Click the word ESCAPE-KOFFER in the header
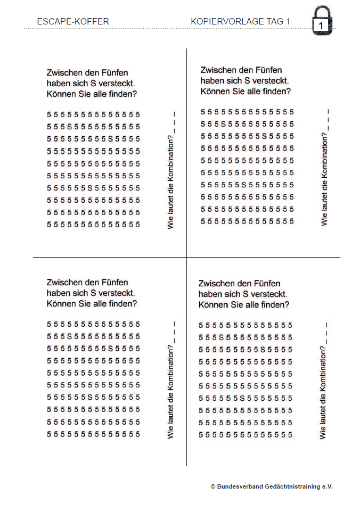tap(73, 22)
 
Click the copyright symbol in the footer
tap(213, 486)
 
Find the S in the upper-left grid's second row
tap(69, 127)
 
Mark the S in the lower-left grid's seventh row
tap(89, 398)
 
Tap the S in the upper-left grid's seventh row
tap(89, 188)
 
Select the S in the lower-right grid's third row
tap(263, 350)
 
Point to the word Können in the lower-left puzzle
tap(60, 304)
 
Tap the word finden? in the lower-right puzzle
tap(274, 305)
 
